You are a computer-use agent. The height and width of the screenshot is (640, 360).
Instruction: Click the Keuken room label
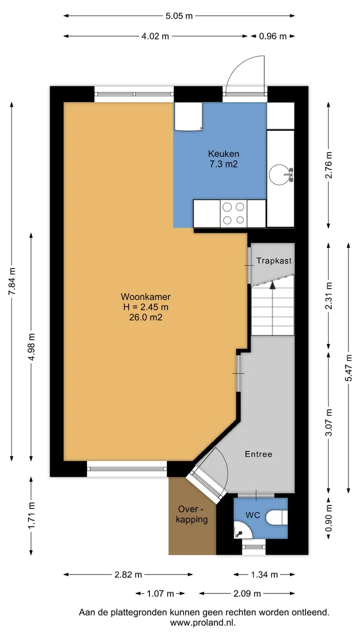(223, 154)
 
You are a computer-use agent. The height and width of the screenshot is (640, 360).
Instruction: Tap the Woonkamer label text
(145, 297)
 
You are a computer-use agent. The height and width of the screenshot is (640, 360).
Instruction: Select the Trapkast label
(274, 260)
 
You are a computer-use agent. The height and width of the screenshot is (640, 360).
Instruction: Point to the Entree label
(258, 454)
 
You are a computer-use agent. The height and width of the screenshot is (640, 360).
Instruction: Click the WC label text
(253, 515)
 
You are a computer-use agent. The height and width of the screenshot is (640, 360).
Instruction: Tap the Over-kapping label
(191, 514)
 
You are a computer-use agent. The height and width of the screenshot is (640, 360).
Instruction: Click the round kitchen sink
(280, 174)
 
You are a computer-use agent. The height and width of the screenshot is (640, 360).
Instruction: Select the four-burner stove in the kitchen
(233, 213)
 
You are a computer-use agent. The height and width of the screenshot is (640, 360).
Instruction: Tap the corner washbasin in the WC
(241, 530)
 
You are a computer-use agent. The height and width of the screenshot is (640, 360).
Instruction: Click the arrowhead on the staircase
(272, 285)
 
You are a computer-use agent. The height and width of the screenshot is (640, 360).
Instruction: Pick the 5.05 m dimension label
(179, 16)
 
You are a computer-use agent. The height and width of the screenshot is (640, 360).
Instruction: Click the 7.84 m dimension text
(11, 281)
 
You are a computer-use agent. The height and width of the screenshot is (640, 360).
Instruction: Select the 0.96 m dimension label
(272, 36)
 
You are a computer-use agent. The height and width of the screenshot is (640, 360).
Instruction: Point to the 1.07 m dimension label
(160, 593)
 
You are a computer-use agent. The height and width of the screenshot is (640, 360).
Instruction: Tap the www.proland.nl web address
(203, 622)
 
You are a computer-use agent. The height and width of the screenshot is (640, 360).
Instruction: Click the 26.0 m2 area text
(145, 317)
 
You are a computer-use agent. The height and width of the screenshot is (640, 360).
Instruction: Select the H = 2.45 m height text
(145, 307)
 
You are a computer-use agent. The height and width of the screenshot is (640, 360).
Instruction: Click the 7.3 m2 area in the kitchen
(223, 164)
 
